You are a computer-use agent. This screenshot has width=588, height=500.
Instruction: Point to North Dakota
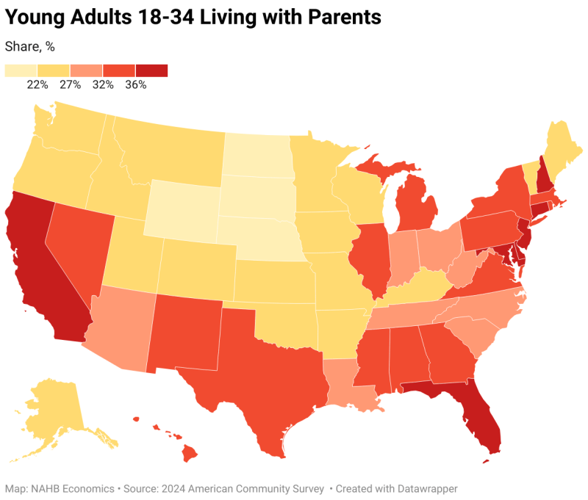click(x=257, y=154)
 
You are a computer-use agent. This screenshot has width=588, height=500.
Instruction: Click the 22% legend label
click(x=37, y=84)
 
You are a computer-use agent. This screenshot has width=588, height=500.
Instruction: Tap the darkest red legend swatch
click(x=151, y=70)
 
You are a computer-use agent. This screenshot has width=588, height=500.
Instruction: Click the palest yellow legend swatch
click(x=21, y=70)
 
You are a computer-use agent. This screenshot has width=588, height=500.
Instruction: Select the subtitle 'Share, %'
click(x=30, y=46)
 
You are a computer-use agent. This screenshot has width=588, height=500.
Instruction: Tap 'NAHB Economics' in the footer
click(x=70, y=488)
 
